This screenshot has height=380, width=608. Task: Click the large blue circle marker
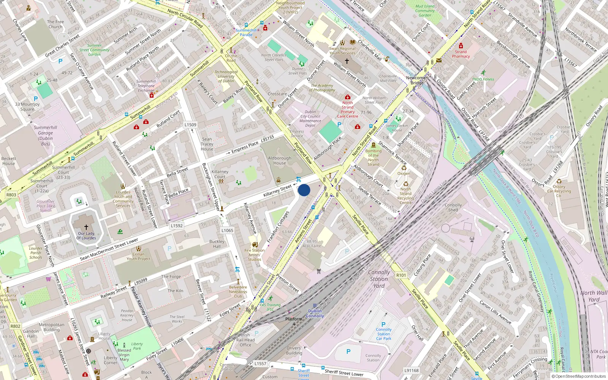click(304, 190)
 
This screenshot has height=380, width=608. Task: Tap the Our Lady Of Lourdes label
click(86, 236)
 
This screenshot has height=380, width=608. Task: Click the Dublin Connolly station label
click(315, 313)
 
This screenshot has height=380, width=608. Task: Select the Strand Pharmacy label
click(461, 54)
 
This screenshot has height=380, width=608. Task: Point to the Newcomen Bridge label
click(417, 80)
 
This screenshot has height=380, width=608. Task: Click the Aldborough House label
click(280, 160)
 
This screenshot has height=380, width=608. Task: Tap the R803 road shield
click(11, 195)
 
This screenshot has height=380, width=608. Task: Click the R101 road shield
click(401, 275)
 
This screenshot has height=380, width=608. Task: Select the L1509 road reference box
click(190, 125)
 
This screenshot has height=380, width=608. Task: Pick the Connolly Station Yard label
click(379, 279)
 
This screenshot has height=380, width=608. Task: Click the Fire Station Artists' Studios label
click(255, 255)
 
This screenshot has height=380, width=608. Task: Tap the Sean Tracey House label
click(207, 144)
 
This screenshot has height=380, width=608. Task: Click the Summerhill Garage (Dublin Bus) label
click(45, 136)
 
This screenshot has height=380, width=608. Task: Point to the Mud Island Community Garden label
click(425, 11)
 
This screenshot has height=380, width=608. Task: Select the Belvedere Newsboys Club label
click(238, 291)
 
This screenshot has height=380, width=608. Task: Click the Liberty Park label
click(137, 346)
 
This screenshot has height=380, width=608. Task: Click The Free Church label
click(55, 24)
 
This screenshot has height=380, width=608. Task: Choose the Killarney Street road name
click(277, 190)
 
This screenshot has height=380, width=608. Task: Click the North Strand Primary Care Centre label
click(347, 109)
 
